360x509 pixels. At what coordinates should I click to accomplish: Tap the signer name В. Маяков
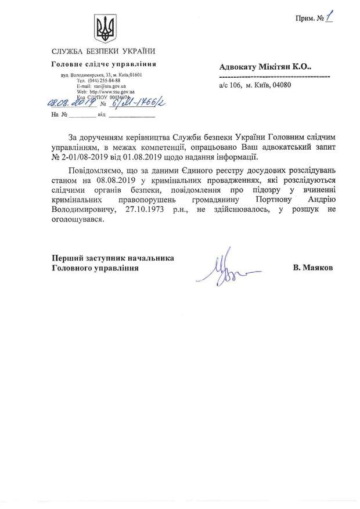[x=314, y=268]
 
